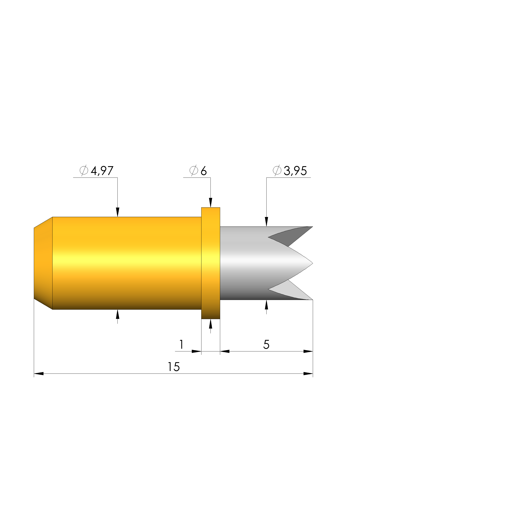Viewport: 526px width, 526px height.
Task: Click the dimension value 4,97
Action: pyautogui.click(x=102, y=171)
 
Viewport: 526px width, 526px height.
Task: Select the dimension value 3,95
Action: pyautogui.click(x=295, y=171)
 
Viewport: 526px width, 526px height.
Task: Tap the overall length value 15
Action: pyautogui.click(x=174, y=367)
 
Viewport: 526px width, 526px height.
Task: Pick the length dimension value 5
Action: pyautogui.click(x=266, y=345)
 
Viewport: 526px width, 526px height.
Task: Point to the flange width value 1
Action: pyautogui.click(x=181, y=345)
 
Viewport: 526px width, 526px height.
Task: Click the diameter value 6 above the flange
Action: pyautogui.click(x=203, y=171)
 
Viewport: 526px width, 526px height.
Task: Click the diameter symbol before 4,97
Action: pyautogui.click(x=84, y=171)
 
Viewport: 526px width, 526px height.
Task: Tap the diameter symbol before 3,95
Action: pyautogui.click(x=277, y=171)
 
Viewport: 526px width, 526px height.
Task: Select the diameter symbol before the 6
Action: pyautogui.click(x=194, y=171)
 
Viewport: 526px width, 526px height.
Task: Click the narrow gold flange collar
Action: pyautogui.click(x=210, y=263)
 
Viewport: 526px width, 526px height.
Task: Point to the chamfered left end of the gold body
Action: pyautogui.click(x=43, y=263)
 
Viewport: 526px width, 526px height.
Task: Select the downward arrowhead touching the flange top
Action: pyautogui.click(x=210, y=203)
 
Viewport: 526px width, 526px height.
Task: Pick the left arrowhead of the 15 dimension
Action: pyautogui.click(x=39, y=373)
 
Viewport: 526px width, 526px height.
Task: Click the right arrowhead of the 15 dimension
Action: pyautogui.click(x=308, y=373)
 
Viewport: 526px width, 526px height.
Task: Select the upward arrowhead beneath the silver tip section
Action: pyautogui.click(x=267, y=305)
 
